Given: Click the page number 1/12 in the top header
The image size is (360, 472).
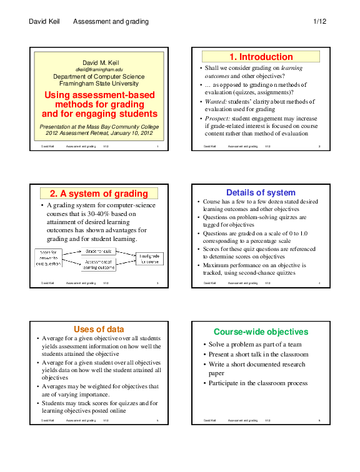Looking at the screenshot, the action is click(319, 22).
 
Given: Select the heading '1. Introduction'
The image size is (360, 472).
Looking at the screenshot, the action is click(261, 57).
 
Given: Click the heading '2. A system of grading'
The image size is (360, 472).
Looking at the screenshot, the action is click(99, 194).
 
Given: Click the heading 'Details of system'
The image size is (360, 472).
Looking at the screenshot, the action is click(261, 193).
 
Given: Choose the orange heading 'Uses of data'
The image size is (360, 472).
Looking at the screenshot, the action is click(99, 329).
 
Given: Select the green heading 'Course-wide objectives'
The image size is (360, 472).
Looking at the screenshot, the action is click(261, 332).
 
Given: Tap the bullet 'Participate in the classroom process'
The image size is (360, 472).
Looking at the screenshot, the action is click(258, 383).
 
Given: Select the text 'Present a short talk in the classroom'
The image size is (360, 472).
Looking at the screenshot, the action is click(258, 354).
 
